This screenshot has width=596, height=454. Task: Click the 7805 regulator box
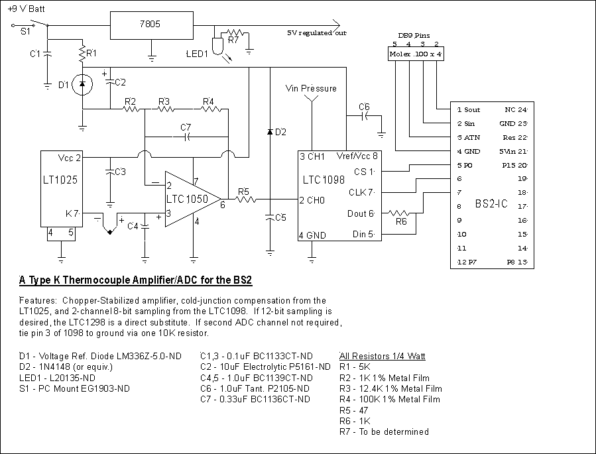click(152, 26)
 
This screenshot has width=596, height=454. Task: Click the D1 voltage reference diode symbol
click(82, 84)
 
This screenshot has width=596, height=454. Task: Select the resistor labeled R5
click(244, 198)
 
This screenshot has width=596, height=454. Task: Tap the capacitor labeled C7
click(186, 137)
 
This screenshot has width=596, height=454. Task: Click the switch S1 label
click(25, 31)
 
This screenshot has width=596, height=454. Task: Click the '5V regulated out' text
click(317, 32)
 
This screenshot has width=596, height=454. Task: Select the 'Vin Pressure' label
click(311, 88)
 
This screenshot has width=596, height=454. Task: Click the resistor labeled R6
click(401, 213)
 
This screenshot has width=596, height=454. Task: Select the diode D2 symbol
click(270, 132)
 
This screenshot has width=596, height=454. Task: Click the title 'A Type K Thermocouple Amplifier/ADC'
click(135, 280)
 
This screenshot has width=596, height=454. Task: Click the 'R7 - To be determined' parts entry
click(383, 431)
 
